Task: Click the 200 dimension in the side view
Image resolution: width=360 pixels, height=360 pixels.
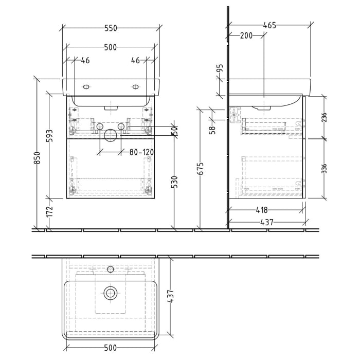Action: (x=246, y=35)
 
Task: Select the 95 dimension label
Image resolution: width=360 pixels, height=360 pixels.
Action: (x=220, y=69)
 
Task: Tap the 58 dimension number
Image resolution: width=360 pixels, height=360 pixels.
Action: (x=211, y=130)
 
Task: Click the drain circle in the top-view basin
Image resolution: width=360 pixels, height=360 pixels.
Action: (x=110, y=293)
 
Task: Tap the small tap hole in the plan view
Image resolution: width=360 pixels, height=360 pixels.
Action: (x=110, y=269)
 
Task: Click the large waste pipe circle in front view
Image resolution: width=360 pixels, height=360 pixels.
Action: (x=110, y=135)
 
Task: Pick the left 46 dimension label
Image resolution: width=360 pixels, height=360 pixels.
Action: (x=85, y=61)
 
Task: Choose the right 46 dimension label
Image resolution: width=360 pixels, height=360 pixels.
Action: (x=136, y=61)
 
